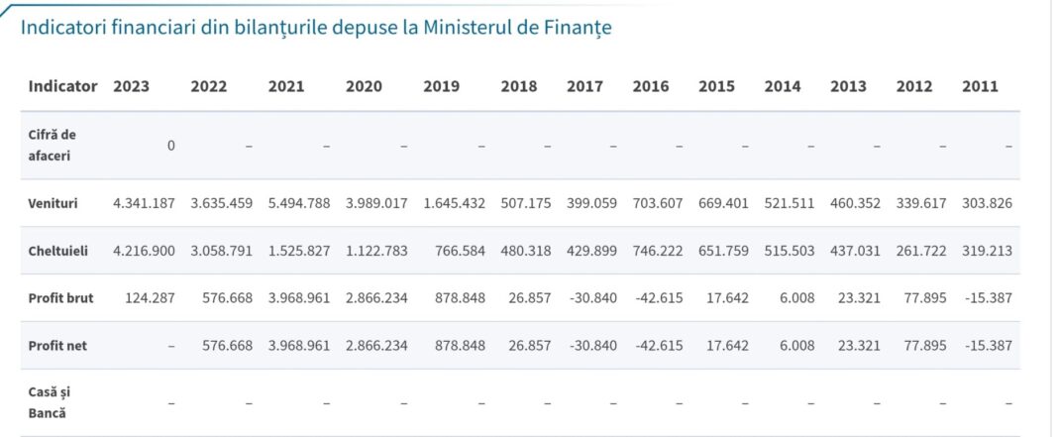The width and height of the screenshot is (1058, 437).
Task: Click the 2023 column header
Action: coord(132,86)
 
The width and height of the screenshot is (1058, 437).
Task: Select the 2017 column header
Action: coord(584,86)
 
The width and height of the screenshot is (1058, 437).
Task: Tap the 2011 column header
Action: coord(980,86)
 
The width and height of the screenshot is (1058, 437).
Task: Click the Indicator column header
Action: coord(63,86)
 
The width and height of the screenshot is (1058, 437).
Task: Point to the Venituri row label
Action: coord(53,203)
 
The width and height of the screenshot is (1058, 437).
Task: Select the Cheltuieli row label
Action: coord(58,251)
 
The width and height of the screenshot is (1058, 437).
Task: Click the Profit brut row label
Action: coord(61,298)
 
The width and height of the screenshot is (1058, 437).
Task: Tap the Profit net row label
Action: coord(58,346)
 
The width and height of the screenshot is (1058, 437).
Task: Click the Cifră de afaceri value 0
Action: coord(170,146)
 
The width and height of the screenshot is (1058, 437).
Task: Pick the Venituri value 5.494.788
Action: coord(299,203)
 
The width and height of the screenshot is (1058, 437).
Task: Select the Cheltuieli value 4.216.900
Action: coord(145,251)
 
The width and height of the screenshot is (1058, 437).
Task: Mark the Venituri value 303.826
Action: coord(987,203)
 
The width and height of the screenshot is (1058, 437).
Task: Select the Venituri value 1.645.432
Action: coord(454,203)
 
